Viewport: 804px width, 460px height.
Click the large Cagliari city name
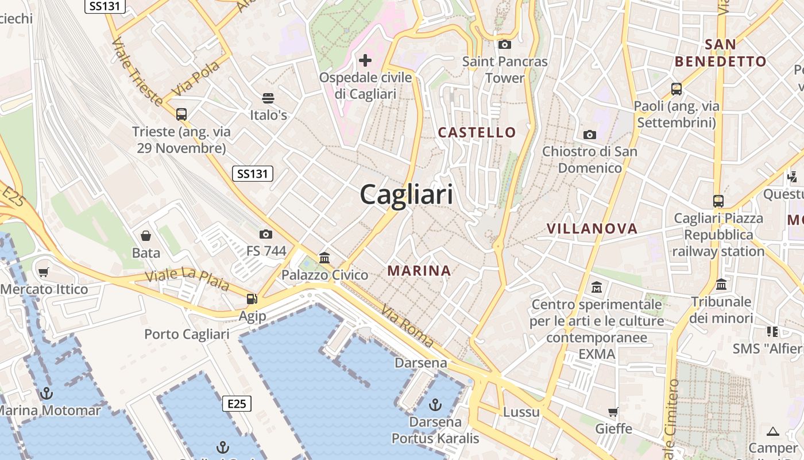(406, 195)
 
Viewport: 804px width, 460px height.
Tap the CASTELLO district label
(477, 132)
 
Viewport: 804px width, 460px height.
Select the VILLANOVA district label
(592, 228)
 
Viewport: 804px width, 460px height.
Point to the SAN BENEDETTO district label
(720, 53)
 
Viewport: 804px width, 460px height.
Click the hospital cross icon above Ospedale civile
(365, 60)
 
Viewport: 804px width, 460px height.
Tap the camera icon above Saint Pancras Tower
(505, 44)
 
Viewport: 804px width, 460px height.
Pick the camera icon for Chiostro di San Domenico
(590, 135)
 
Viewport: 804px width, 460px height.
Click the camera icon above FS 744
(265, 234)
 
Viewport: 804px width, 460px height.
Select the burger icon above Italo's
(268, 98)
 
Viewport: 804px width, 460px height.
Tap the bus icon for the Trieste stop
(181, 114)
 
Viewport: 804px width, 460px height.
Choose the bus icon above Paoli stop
(677, 89)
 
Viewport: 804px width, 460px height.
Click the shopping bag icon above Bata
(146, 236)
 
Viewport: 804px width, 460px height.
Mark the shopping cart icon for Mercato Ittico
(44, 272)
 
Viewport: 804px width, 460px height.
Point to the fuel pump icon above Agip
(252, 299)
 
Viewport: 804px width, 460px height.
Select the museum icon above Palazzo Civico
(324, 258)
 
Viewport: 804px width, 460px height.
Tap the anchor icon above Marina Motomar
(47, 393)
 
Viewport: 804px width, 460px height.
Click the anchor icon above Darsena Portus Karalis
(435, 405)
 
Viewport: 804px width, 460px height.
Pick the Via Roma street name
(407, 325)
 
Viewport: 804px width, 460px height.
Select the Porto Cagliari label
(187, 334)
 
